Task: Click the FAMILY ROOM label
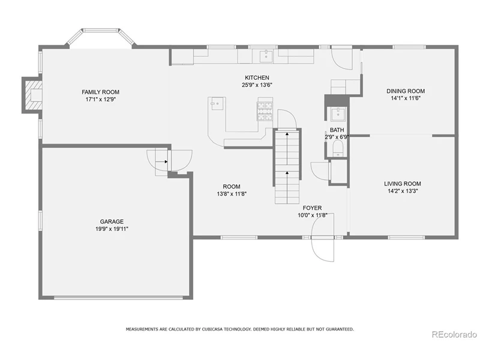100,92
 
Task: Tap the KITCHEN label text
257,78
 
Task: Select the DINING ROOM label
406,91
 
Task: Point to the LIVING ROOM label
402,184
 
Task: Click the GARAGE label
112,221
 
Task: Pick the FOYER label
312,208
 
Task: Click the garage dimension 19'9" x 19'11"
112,229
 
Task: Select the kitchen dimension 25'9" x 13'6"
257,85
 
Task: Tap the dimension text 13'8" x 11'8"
232,194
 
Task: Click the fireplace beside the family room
32,95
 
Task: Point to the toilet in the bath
338,149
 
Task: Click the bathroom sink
337,114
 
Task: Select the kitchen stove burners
265,111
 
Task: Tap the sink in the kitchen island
217,103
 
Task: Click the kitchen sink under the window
266,56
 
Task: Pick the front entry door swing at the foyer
322,237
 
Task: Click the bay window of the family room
101,37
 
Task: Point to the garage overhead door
118,297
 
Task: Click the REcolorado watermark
454,334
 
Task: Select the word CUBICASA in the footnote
212,329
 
